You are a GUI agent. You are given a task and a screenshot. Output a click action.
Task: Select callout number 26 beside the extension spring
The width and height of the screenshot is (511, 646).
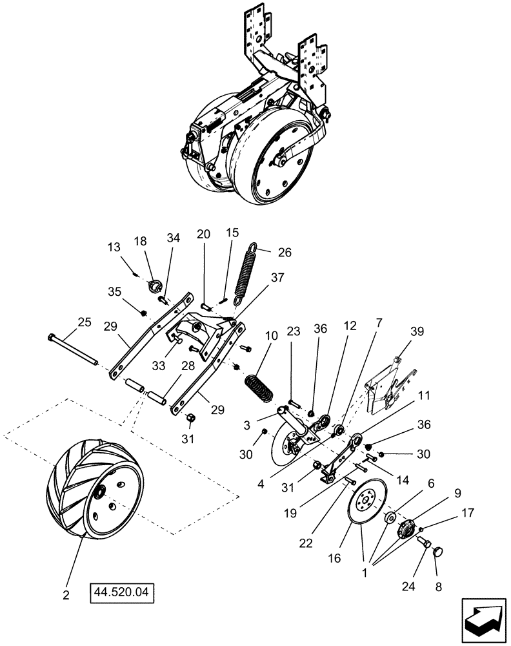pos(285,252)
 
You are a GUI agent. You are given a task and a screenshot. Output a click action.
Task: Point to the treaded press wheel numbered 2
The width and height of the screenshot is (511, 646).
pos(97,487)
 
